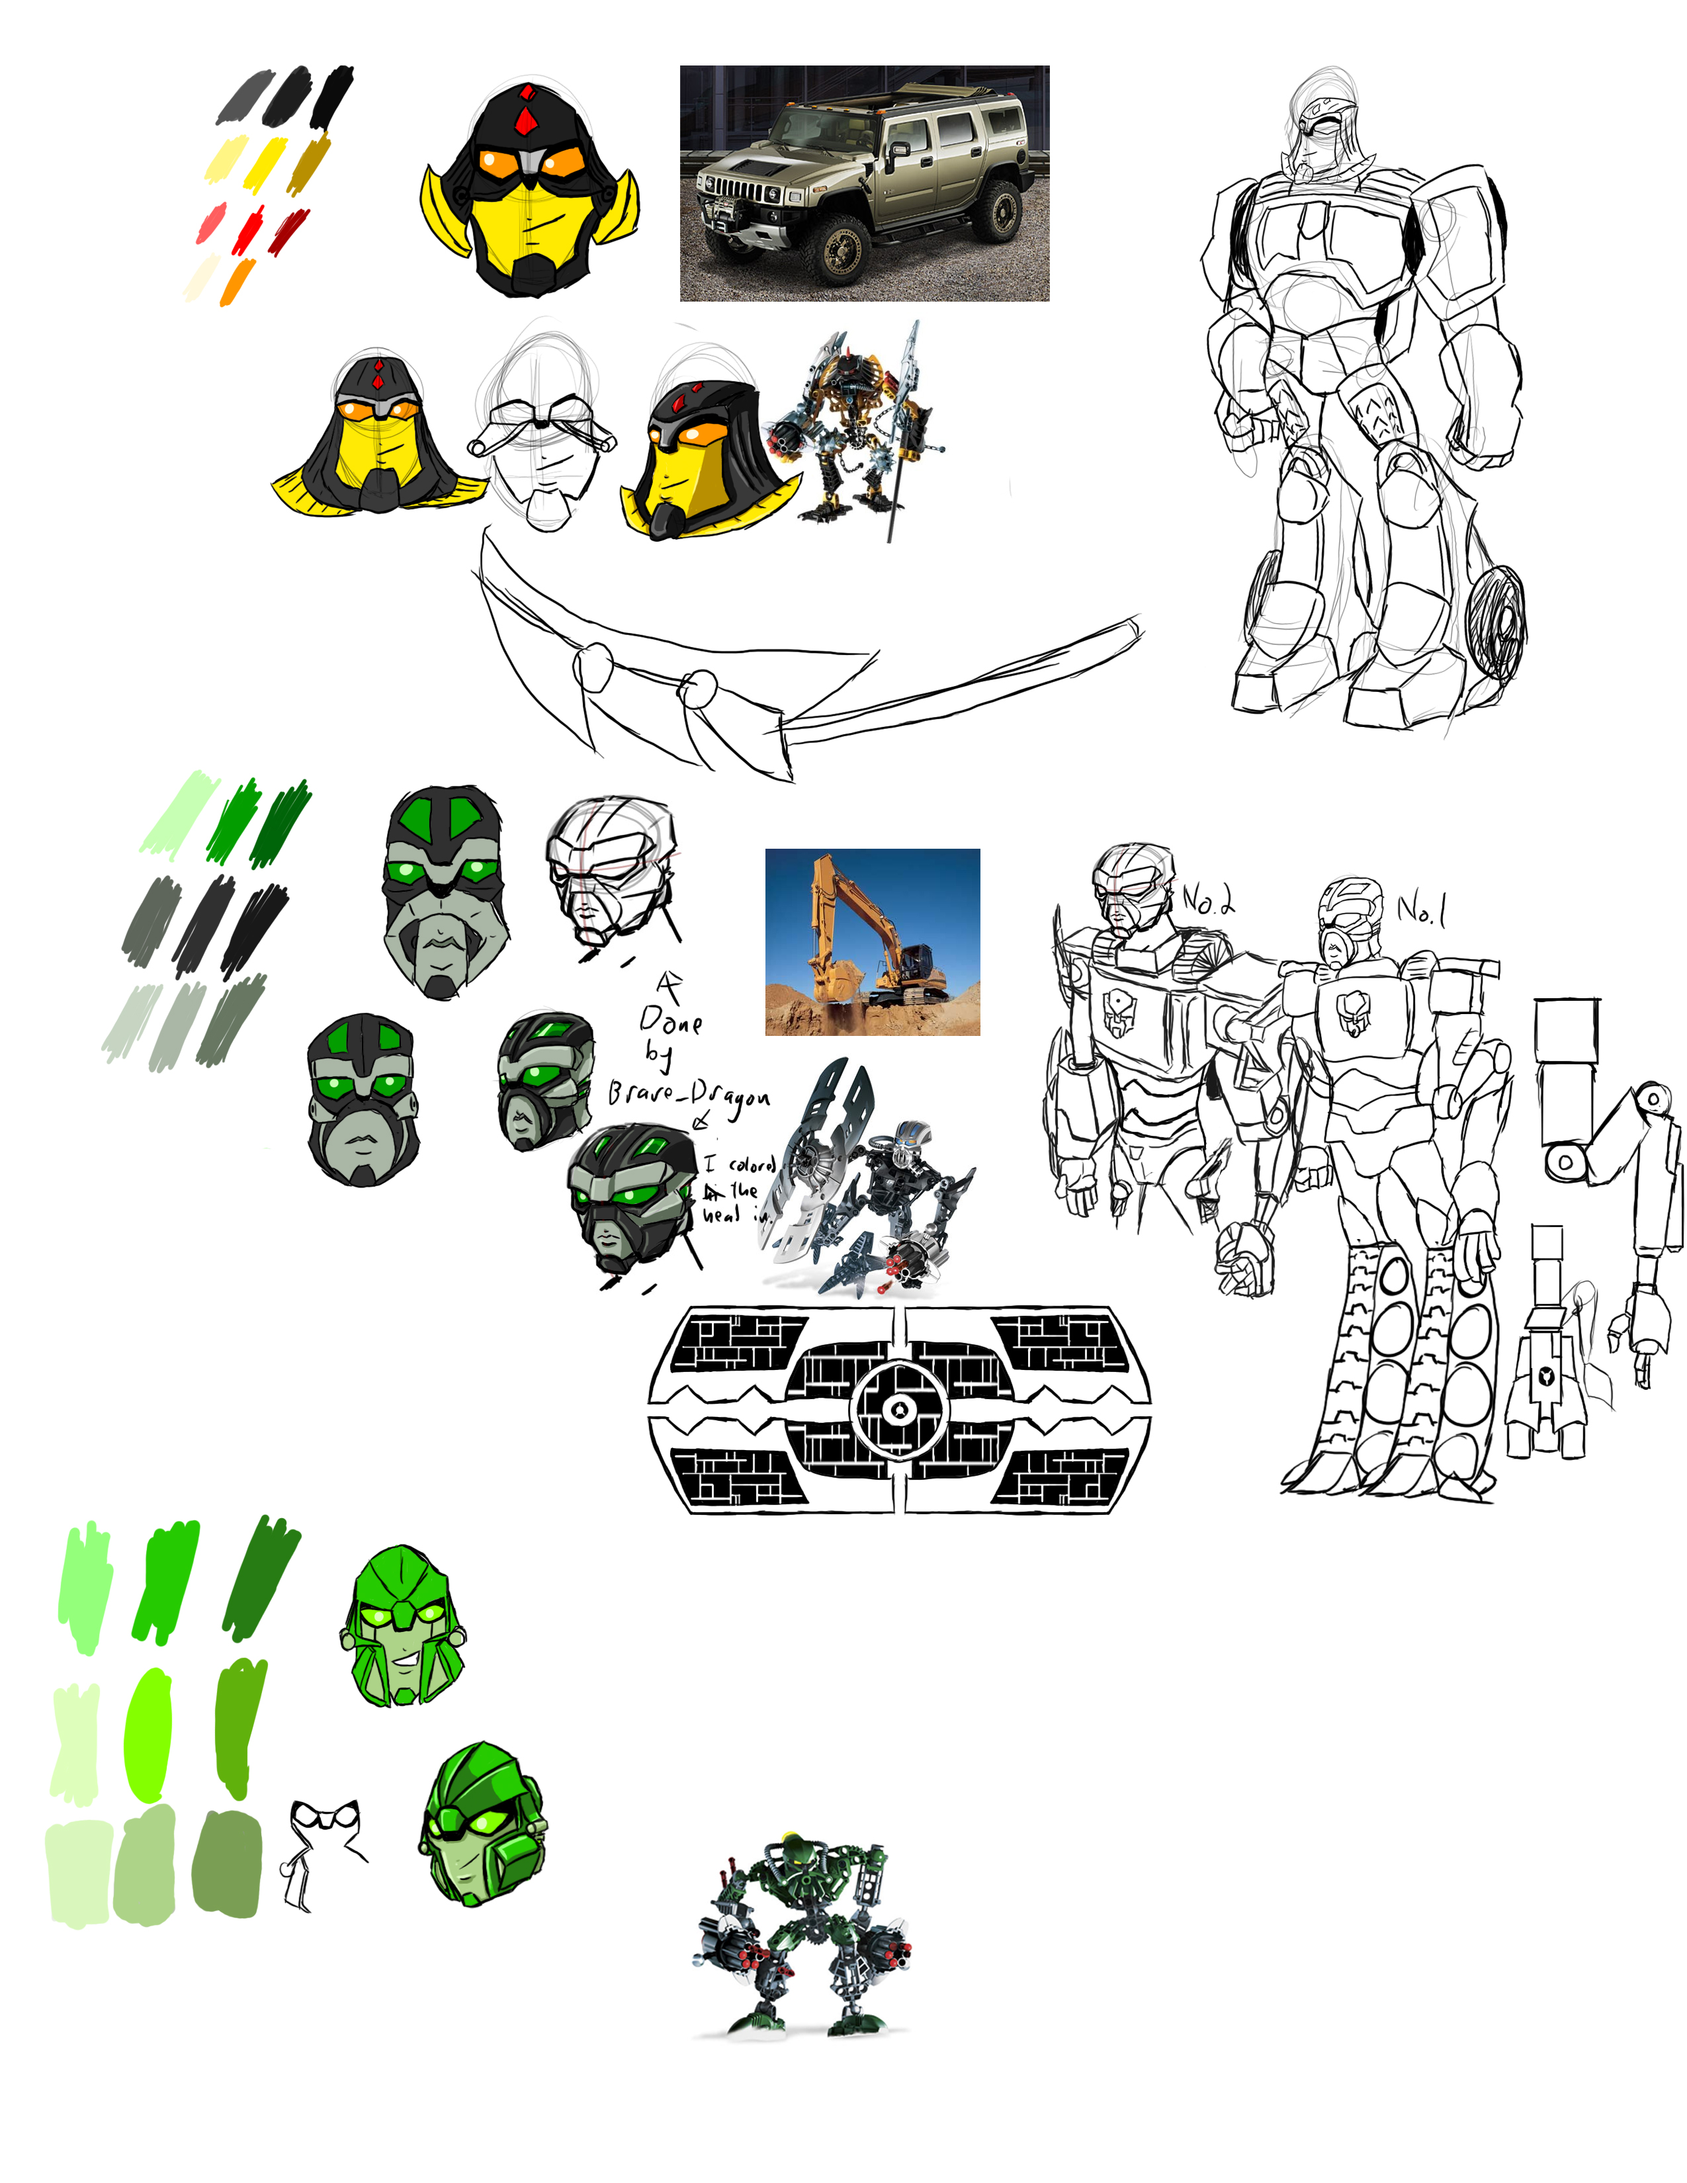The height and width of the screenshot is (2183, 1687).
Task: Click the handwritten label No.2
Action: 1207,900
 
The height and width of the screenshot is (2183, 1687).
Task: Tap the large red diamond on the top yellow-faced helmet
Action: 525,122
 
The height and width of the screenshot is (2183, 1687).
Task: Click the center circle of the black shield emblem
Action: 900,1409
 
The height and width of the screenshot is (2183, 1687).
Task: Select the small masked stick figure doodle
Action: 320,1849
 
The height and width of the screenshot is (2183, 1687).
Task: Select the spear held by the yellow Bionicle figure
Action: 900,430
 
